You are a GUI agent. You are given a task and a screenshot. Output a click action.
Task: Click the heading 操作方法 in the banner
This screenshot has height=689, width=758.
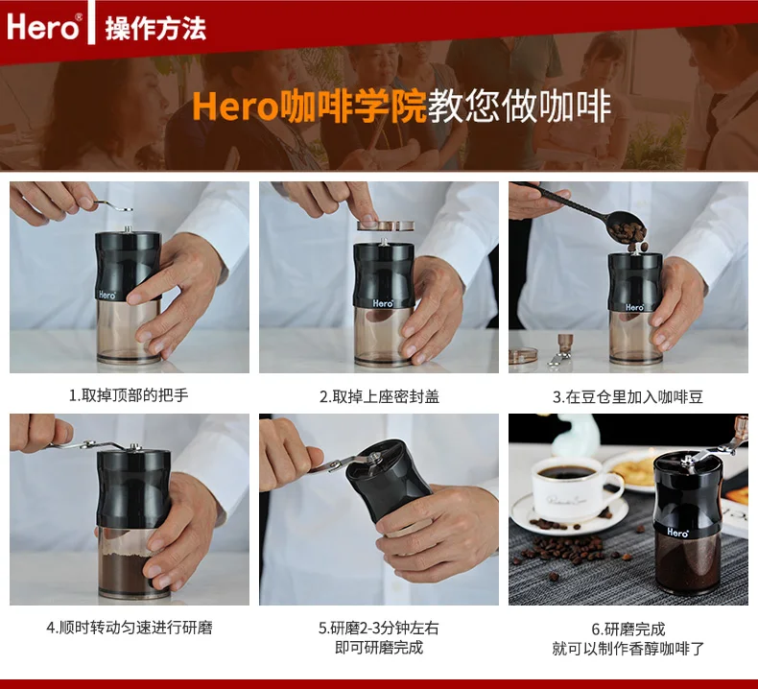coord(155,28)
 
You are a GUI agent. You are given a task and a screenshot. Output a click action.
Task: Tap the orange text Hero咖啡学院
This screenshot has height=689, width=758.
coord(309,106)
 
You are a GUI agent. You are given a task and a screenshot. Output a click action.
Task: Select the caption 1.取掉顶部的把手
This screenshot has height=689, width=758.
coord(129,395)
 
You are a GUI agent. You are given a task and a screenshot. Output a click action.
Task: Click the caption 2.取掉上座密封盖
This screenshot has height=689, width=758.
coord(379,396)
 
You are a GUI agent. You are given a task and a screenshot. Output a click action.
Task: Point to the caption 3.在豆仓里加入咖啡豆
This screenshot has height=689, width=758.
coord(628,397)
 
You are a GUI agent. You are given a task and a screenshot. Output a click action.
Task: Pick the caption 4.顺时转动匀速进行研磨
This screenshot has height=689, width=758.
coord(130,628)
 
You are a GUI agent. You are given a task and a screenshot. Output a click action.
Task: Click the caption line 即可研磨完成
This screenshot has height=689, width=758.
coord(379,647)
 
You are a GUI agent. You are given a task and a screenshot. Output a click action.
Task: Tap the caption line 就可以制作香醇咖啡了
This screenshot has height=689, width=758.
coord(628,648)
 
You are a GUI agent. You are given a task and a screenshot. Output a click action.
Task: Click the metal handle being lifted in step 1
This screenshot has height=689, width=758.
coord(113,206)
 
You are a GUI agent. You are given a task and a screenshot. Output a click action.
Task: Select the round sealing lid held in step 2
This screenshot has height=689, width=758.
coord(386,226)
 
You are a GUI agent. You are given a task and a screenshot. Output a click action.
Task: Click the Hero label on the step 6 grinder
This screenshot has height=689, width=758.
coord(677,533)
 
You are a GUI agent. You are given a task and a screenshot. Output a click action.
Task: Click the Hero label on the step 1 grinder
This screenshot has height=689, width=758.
coord(107,295)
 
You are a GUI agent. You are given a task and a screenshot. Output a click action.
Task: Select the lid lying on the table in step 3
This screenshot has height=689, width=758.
coord(523,355)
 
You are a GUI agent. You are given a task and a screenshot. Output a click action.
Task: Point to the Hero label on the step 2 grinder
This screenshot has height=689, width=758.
coord(383,303)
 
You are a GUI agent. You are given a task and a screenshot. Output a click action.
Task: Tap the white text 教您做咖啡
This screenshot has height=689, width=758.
coord(520,106)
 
